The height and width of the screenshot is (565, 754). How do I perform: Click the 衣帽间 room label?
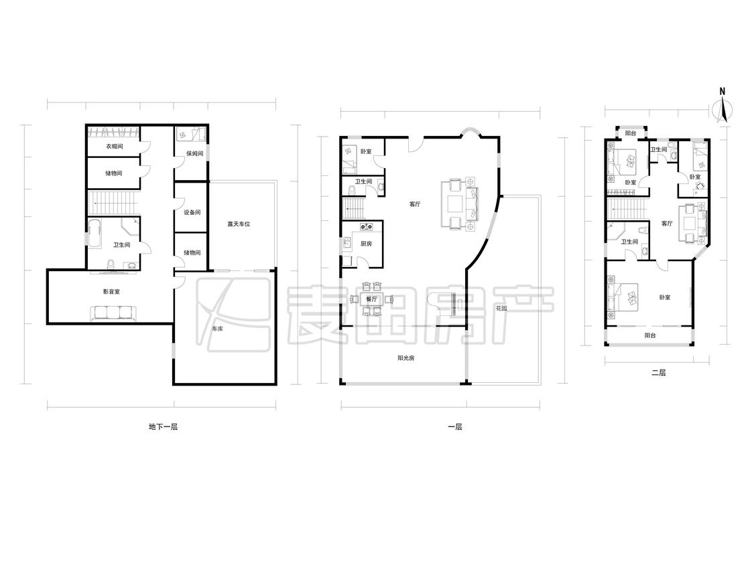pyautogui.click(x=114, y=147)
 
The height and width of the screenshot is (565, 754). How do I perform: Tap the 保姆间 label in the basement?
pyautogui.click(x=195, y=154)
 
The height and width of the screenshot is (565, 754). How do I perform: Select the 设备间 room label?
pyautogui.click(x=192, y=212)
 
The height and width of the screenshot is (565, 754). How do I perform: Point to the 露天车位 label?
pyautogui.click(x=239, y=224)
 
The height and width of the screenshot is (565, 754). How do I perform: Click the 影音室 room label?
pyautogui.click(x=111, y=292)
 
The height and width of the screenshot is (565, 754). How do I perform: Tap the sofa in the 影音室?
pyautogui.click(x=113, y=313)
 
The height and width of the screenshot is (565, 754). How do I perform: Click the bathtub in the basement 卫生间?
pyautogui.click(x=95, y=234)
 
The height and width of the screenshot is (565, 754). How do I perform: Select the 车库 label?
pyautogui.click(x=217, y=329)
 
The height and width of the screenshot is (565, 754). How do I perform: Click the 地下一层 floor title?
pyautogui.click(x=163, y=426)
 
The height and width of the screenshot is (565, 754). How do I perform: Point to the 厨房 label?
pyautogui.click(x=367, y=244)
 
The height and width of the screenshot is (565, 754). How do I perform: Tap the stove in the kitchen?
pyautogui.click(x=367, y=227)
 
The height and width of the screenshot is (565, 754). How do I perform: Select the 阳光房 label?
pyautogui.click(x=406, y=358)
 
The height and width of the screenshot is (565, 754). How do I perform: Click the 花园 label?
pyautogui.click(x=501, y=309)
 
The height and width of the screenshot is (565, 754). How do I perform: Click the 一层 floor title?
pyautogui.click(x=455, y=426)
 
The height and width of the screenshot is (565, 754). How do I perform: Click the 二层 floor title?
pyautogui.click(x=658, y=372)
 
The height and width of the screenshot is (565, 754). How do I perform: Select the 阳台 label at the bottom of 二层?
pyautogui.click(x=649, y=336)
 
